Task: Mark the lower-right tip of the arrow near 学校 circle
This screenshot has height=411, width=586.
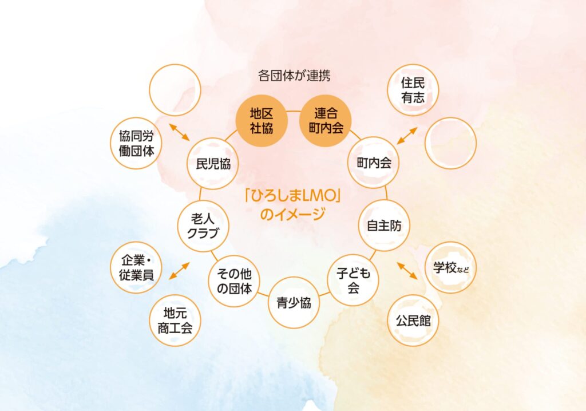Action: point(417,279)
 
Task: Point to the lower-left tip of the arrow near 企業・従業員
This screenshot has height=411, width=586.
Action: point(169,279)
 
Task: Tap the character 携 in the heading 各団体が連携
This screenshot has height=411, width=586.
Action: point(324,76)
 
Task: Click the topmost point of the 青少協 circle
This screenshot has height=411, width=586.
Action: point(294,276)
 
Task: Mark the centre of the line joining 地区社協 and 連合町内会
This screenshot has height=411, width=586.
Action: point(294,111)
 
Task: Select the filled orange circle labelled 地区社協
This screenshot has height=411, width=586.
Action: point(261,120)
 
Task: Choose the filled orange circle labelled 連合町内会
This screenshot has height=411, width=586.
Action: point(326,120)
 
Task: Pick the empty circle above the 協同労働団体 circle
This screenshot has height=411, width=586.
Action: point(175,90)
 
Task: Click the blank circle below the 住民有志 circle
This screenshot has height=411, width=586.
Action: point(451,143)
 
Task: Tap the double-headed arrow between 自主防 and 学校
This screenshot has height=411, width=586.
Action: point(407,271)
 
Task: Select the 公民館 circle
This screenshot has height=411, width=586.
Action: point(413,321)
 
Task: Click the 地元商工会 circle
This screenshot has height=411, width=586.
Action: point(175,321)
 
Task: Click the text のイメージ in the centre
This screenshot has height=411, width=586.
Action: point(292,214)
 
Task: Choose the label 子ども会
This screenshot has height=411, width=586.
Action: point(353,280)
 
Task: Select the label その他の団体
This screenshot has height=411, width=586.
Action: point(234,281)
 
